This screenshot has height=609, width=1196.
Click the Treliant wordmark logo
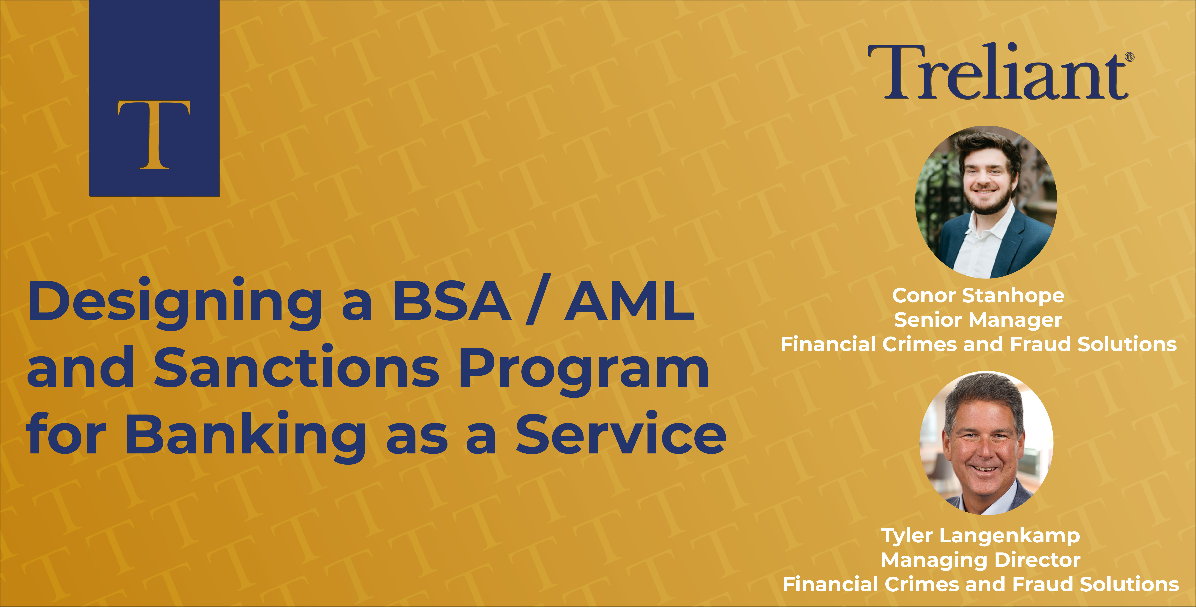(x=998, y=72)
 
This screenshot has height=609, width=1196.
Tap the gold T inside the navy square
(x=154, y=135)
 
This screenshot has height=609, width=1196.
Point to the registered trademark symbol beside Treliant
(x=1130, y=57)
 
